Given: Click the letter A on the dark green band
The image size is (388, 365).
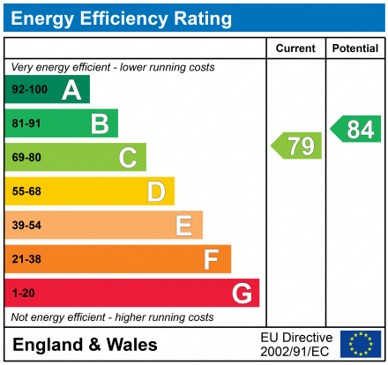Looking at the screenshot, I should tap(71, 90).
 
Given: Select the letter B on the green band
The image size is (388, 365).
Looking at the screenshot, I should tap(100, 124).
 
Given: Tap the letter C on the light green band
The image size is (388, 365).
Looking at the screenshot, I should tap(128, 158).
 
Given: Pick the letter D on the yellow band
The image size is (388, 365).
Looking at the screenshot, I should tap(156, 191).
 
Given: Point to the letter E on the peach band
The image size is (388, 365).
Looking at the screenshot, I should tap(183, 226).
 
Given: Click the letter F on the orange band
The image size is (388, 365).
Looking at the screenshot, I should tap(212, 259).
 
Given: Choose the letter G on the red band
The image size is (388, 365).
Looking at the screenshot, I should tap(241, 293).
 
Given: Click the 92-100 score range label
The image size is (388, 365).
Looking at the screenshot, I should tap(29, 91).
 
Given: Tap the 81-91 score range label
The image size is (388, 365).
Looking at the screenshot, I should tap(26, 124).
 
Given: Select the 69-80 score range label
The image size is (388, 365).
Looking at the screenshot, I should tap(26, 158).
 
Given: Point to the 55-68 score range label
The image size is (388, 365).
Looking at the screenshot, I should tap(26, 191).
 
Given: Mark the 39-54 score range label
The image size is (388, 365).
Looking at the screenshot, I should tap(26, 226).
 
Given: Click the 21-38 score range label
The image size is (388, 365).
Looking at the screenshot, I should tap(26, 259).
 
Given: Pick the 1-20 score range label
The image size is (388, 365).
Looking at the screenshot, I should tap(23, 293).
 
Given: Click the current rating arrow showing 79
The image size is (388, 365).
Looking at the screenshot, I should tap(297, 145).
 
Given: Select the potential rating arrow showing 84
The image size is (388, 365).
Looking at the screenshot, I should tap(356, 130).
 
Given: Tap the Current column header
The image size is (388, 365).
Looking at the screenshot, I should tap(296, 48).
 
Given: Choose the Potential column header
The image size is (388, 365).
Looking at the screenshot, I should tap(354, 48).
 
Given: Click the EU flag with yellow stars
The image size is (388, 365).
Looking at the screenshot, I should tap(361, 344).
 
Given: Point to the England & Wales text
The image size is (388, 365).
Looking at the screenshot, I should tap(85, 345).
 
